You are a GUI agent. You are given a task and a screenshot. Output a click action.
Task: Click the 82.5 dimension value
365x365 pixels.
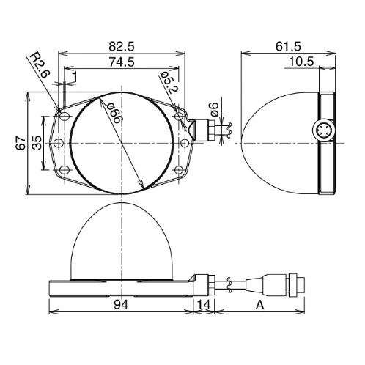(x=122, y=46)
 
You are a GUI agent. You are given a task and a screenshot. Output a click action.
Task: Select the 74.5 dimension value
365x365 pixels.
(x=122, y=62)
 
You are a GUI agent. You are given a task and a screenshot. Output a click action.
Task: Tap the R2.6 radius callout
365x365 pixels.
(x=40, y=64)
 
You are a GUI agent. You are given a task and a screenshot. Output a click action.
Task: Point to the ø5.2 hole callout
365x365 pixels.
(x=169, y=83)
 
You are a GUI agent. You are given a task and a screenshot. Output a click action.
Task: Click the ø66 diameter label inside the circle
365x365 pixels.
(x=114, y=113)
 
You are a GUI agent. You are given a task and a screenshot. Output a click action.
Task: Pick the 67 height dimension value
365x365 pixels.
(x=21, y=144)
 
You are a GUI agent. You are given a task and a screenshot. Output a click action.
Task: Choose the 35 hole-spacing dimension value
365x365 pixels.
(x=37, y=143)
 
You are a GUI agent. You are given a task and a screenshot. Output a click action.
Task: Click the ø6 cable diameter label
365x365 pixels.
(x=214, y=109)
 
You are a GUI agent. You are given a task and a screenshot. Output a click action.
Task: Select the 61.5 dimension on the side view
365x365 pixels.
(x=288, y=46)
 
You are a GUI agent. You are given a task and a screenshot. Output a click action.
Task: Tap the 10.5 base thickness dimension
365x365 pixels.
(x=301, y=62)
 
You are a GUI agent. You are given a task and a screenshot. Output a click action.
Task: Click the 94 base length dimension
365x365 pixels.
(x=121, y=305)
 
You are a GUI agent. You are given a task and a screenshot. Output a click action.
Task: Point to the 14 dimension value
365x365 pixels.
(x=204, y=305)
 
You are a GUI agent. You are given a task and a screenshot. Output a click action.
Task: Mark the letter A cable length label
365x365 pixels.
(x=259, y=305)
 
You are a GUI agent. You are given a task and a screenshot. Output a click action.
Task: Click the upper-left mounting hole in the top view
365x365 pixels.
(x=64, y=117)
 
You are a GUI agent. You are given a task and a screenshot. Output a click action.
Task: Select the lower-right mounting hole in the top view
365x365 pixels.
(x=179, y=170)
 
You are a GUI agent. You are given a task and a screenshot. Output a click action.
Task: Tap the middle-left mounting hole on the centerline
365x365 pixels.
(x=59, y=143)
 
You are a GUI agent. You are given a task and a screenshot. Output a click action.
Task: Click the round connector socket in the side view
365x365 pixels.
(x=323, y=130)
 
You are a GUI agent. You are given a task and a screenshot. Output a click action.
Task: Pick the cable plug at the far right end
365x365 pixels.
(x=296, y=285)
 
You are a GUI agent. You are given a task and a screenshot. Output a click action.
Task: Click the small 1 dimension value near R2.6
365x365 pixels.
(x=75, y=77)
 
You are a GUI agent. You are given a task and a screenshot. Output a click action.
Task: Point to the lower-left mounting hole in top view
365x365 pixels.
(x=64, y=170)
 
